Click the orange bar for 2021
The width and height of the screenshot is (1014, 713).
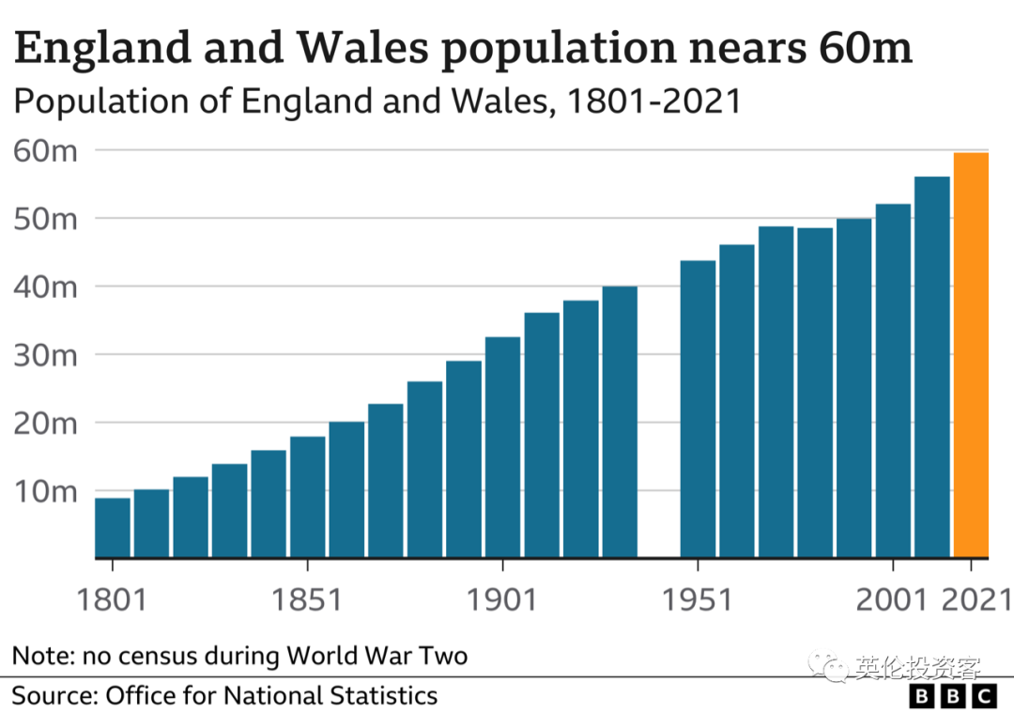pos(971,355)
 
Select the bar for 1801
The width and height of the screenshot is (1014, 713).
pos(113,527)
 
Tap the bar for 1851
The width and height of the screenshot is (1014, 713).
pos(308,497)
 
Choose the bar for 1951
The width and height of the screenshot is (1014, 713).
pos(698,409)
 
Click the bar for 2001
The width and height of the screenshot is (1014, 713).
pos(893,380)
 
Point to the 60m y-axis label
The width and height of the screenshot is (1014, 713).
pos(44,150)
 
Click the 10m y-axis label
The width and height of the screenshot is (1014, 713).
pos(44,491)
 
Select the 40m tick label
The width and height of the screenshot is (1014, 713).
pos(44,287)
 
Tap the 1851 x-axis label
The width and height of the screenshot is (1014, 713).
pos(308,599)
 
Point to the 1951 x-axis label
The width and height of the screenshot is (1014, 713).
pos(698,599)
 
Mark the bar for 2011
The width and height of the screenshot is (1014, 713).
pos(932,367)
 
